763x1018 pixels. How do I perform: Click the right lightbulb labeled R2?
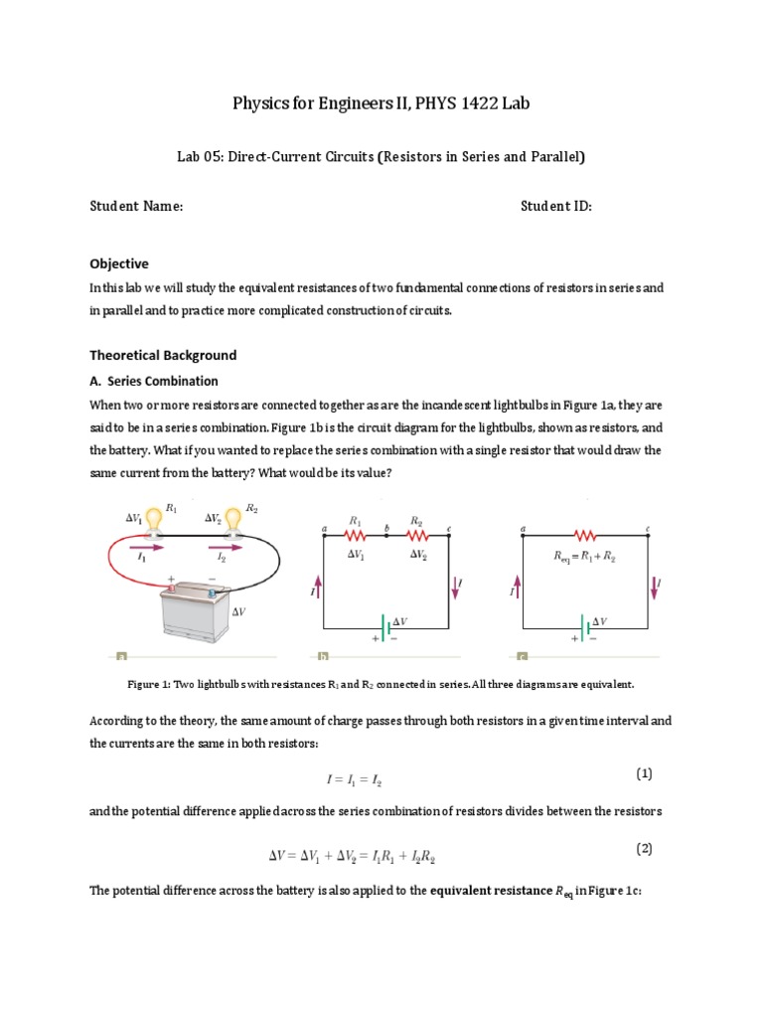coord(232,517)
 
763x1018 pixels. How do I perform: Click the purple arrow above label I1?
coord(140,546)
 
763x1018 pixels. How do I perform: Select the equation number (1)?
coord(643,773)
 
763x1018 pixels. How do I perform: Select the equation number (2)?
coord(643,849)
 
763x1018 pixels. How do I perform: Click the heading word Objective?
coord(119,263)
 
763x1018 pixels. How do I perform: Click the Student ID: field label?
coord(556,206)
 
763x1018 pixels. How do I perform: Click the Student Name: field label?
coord(136,206)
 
